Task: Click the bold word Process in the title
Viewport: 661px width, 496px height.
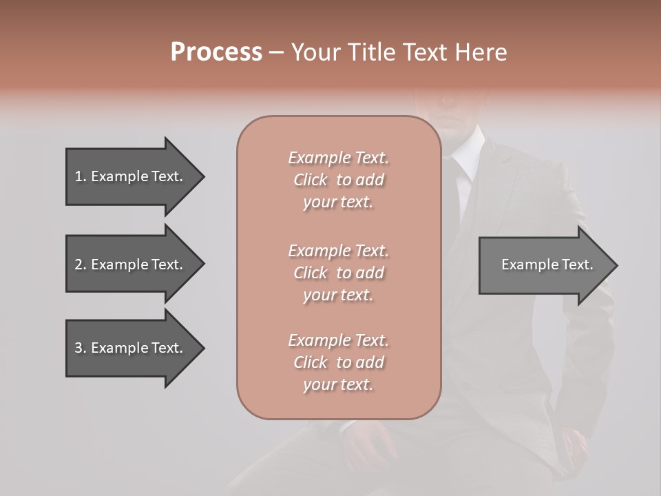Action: [x=216, y=52]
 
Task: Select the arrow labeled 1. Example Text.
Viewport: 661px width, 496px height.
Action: [x=131, y=176]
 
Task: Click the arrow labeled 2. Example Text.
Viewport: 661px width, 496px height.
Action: [x=131, y=265]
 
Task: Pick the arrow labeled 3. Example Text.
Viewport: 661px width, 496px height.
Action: [x=131, y=348]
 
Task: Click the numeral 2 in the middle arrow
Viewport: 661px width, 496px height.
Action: [x=78, y=265]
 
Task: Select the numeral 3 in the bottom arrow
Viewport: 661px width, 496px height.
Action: [x=78, y=348]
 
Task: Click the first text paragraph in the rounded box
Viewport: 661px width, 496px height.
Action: [x=338, y=180]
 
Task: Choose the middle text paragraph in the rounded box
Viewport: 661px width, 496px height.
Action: [x=338, y=272]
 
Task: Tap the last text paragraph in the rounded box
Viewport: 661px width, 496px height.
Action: [x=338, y=362]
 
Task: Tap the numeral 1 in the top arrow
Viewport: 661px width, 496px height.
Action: [x=78, y=176]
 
